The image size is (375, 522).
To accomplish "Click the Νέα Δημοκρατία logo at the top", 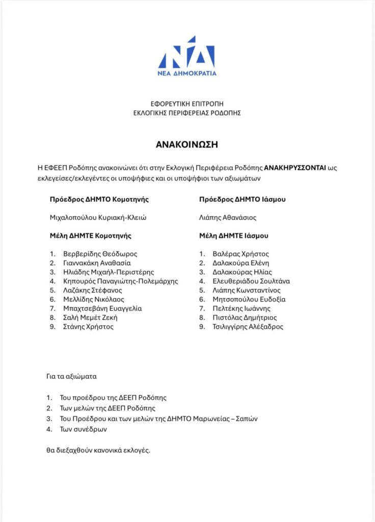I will [x=187, y=56].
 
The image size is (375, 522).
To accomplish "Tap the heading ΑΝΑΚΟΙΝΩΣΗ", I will [x=187, y=144].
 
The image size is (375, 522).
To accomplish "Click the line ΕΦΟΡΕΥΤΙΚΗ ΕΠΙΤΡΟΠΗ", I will [x=187, y=103].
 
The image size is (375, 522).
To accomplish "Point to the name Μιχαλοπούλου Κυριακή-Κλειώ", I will [x=98, y=218].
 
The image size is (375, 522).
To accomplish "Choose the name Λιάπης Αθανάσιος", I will [x=228, y=218].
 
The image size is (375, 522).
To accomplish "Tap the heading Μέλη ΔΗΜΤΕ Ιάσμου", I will [x=234, y=236].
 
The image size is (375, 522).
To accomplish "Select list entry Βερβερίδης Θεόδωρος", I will [x=100, y=254].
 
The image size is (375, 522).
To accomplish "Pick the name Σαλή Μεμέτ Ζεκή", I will [x=90, y=318].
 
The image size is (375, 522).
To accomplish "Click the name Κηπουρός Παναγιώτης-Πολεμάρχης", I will [x=120, y=281].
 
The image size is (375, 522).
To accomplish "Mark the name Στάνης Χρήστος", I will [x=88, y=327].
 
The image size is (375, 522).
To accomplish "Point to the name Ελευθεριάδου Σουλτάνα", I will [x=251, y=281].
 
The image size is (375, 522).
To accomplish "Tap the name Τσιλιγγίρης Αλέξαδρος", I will [x=248, y=327].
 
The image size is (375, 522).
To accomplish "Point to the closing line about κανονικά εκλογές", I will [x=98, y=451].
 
